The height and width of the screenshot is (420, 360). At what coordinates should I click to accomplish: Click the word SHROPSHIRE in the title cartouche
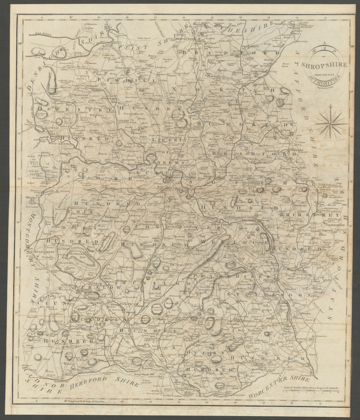(327, 65)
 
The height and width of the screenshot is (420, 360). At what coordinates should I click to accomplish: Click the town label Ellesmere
(134, 67)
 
